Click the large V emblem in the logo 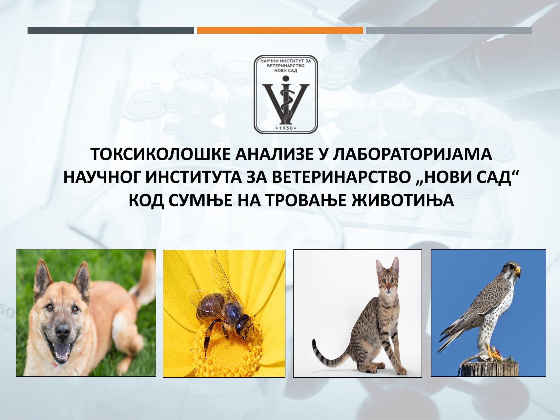(x=286, y=102)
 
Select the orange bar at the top (x=280, y=31)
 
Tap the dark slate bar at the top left (x=111, y=31)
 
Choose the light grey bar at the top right (x=449, y=31)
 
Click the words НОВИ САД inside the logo (x=286, y=71)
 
